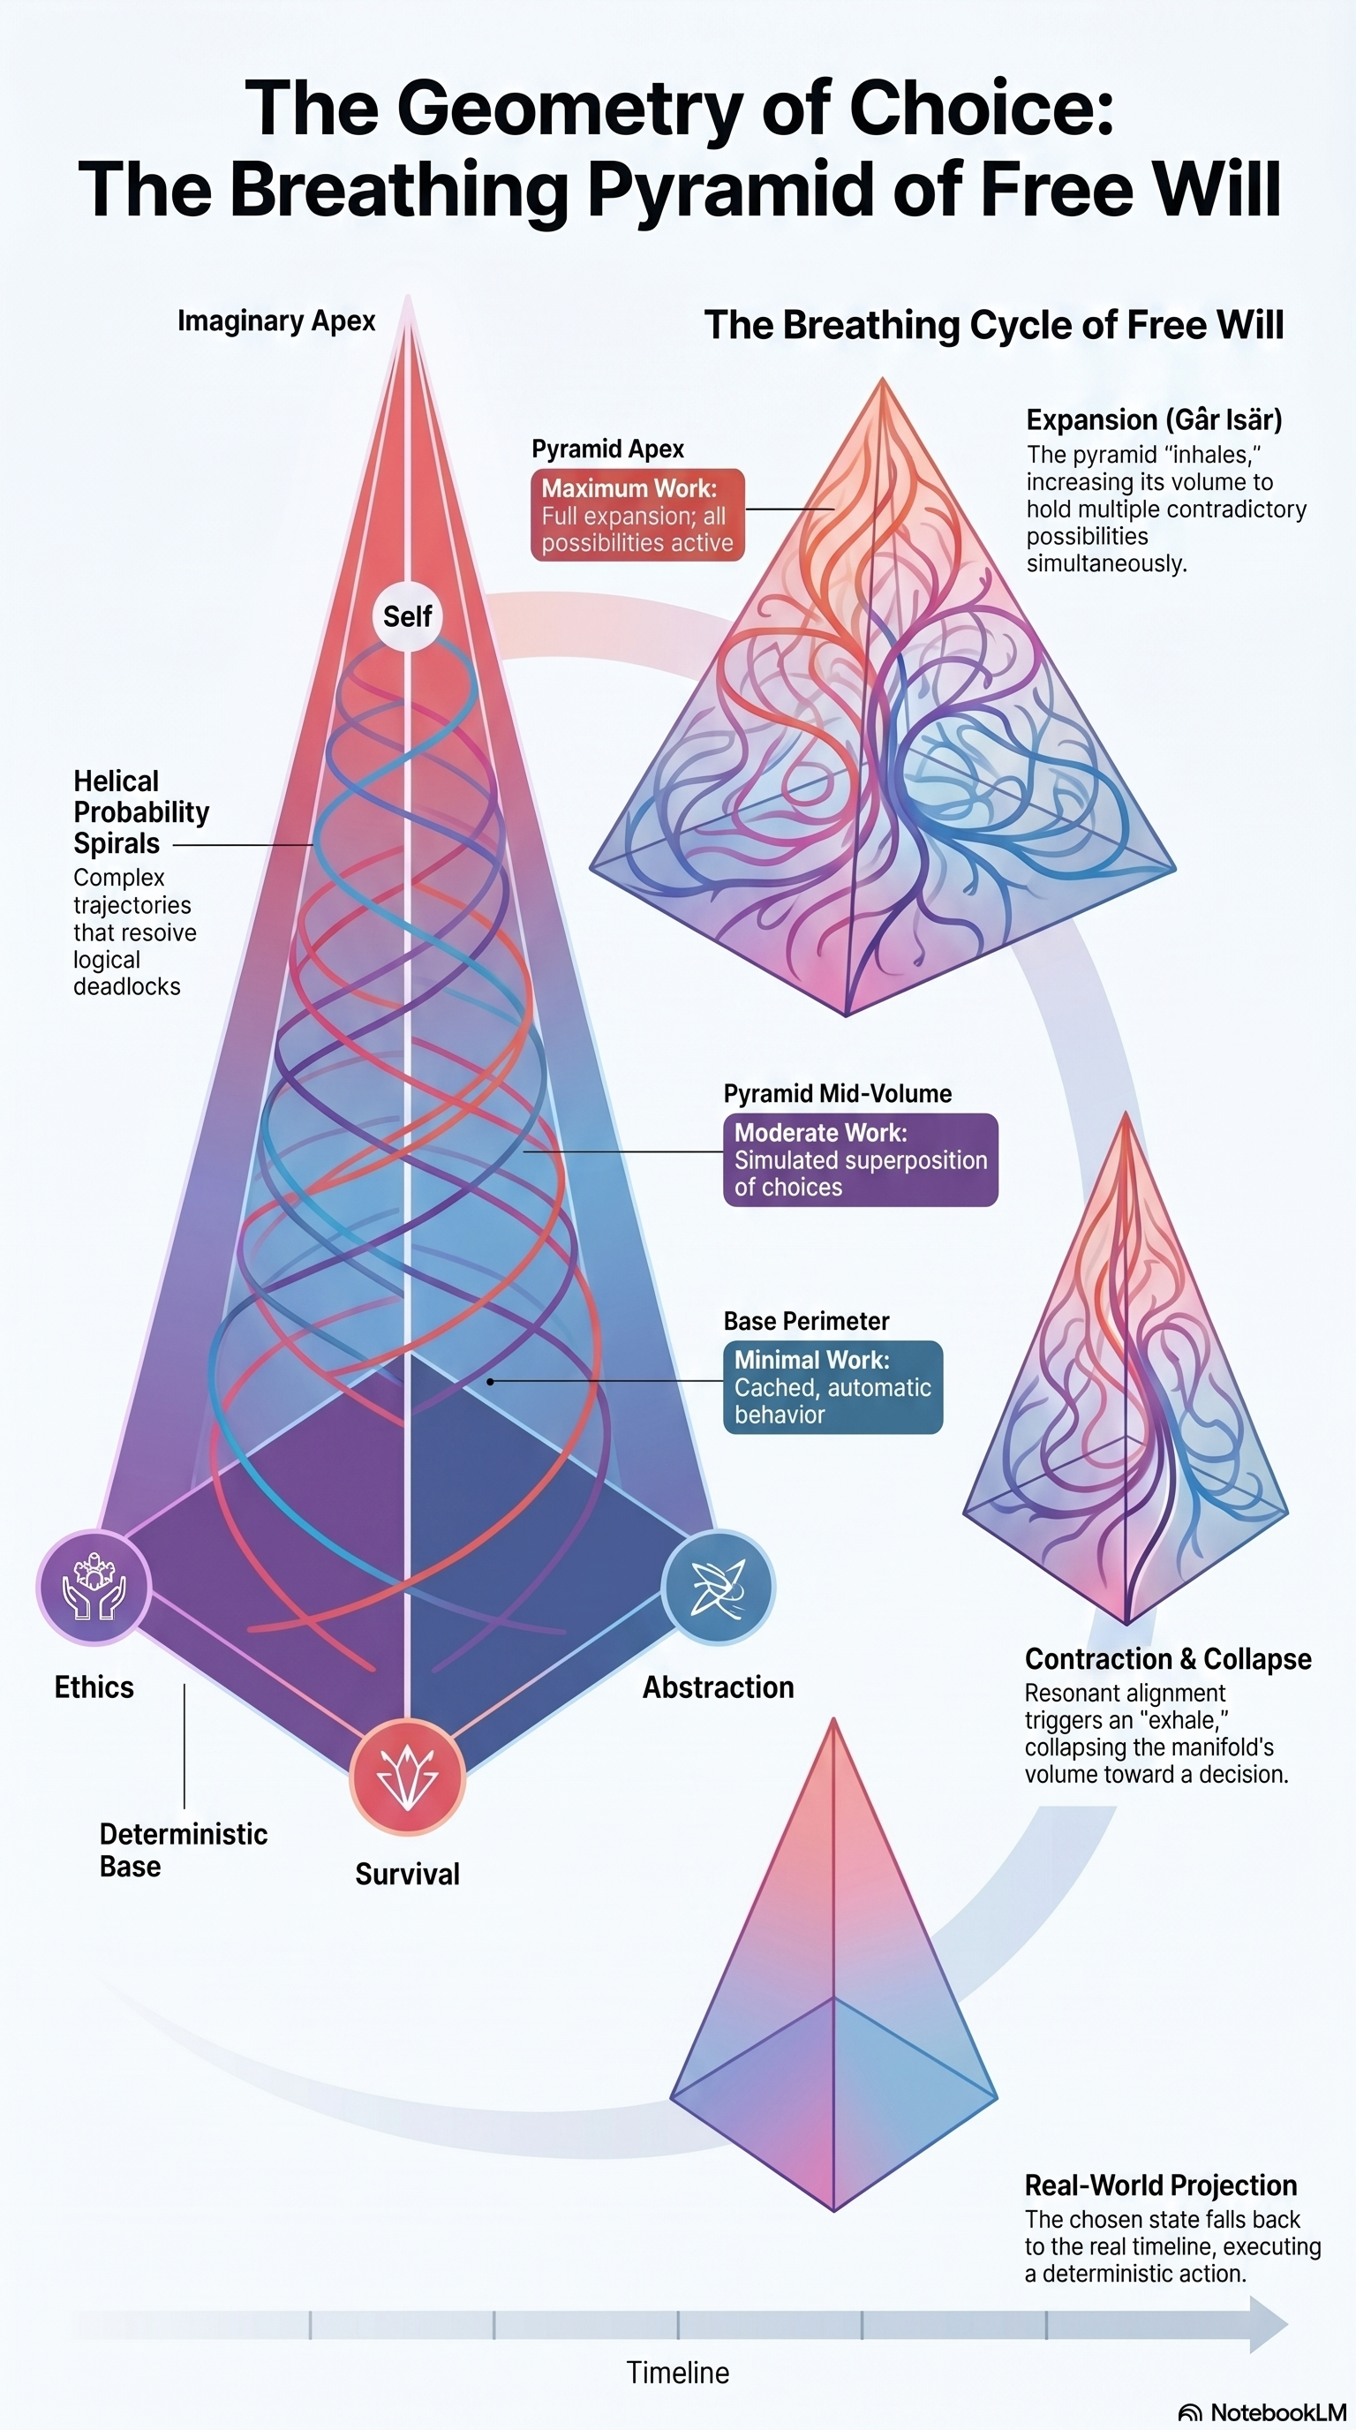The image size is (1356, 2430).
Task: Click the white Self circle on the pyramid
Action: tap(407, 616)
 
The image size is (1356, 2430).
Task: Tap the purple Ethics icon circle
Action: tap(94, 1588)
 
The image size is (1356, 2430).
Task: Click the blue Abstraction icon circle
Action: tap(718, 1587)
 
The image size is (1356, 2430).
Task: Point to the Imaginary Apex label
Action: tap(276, 321)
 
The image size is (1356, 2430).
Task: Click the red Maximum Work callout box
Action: tap(637, 515)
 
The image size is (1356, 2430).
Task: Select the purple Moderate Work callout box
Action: tap(860, 1159)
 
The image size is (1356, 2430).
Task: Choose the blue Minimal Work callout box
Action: tap(832, 1386)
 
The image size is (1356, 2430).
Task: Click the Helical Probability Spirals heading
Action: tap(141, 811)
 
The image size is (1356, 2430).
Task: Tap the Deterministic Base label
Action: tap(183, 1850)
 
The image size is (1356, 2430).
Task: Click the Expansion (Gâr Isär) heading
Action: tap(1154, 419)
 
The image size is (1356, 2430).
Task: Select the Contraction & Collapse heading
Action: tap(1167, 1658)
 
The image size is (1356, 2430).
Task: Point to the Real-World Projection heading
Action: tap(1161, 2185)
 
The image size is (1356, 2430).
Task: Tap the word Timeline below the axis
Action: tap(678, 2373)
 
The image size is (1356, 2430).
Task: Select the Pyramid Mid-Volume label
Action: tap(838, 1093)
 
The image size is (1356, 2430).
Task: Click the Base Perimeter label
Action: tap(806, 1321)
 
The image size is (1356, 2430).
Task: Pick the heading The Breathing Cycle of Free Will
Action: tap(994, 325)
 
